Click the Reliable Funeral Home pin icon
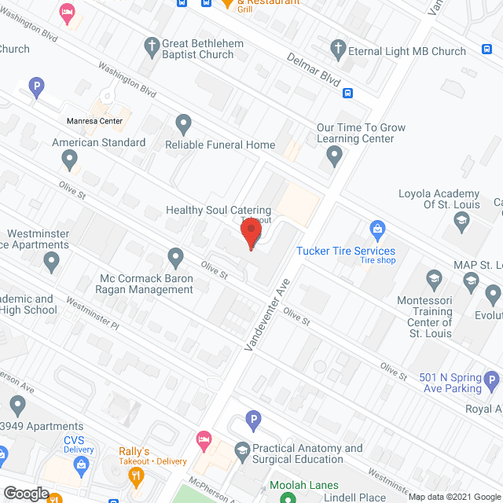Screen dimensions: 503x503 pyautogui.click(x=183, y=123)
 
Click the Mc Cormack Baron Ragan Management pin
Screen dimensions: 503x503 pyautogui.click(x=176, y=257)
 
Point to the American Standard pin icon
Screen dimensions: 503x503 pyautogui.click(x=70, y=160)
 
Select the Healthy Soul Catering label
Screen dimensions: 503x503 pyautogui.click(x=218, y=211)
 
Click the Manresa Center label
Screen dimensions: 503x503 pyautogui.click(x=94, y=121)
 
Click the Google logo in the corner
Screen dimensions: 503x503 pyautogui.click(x=25, y=493)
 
